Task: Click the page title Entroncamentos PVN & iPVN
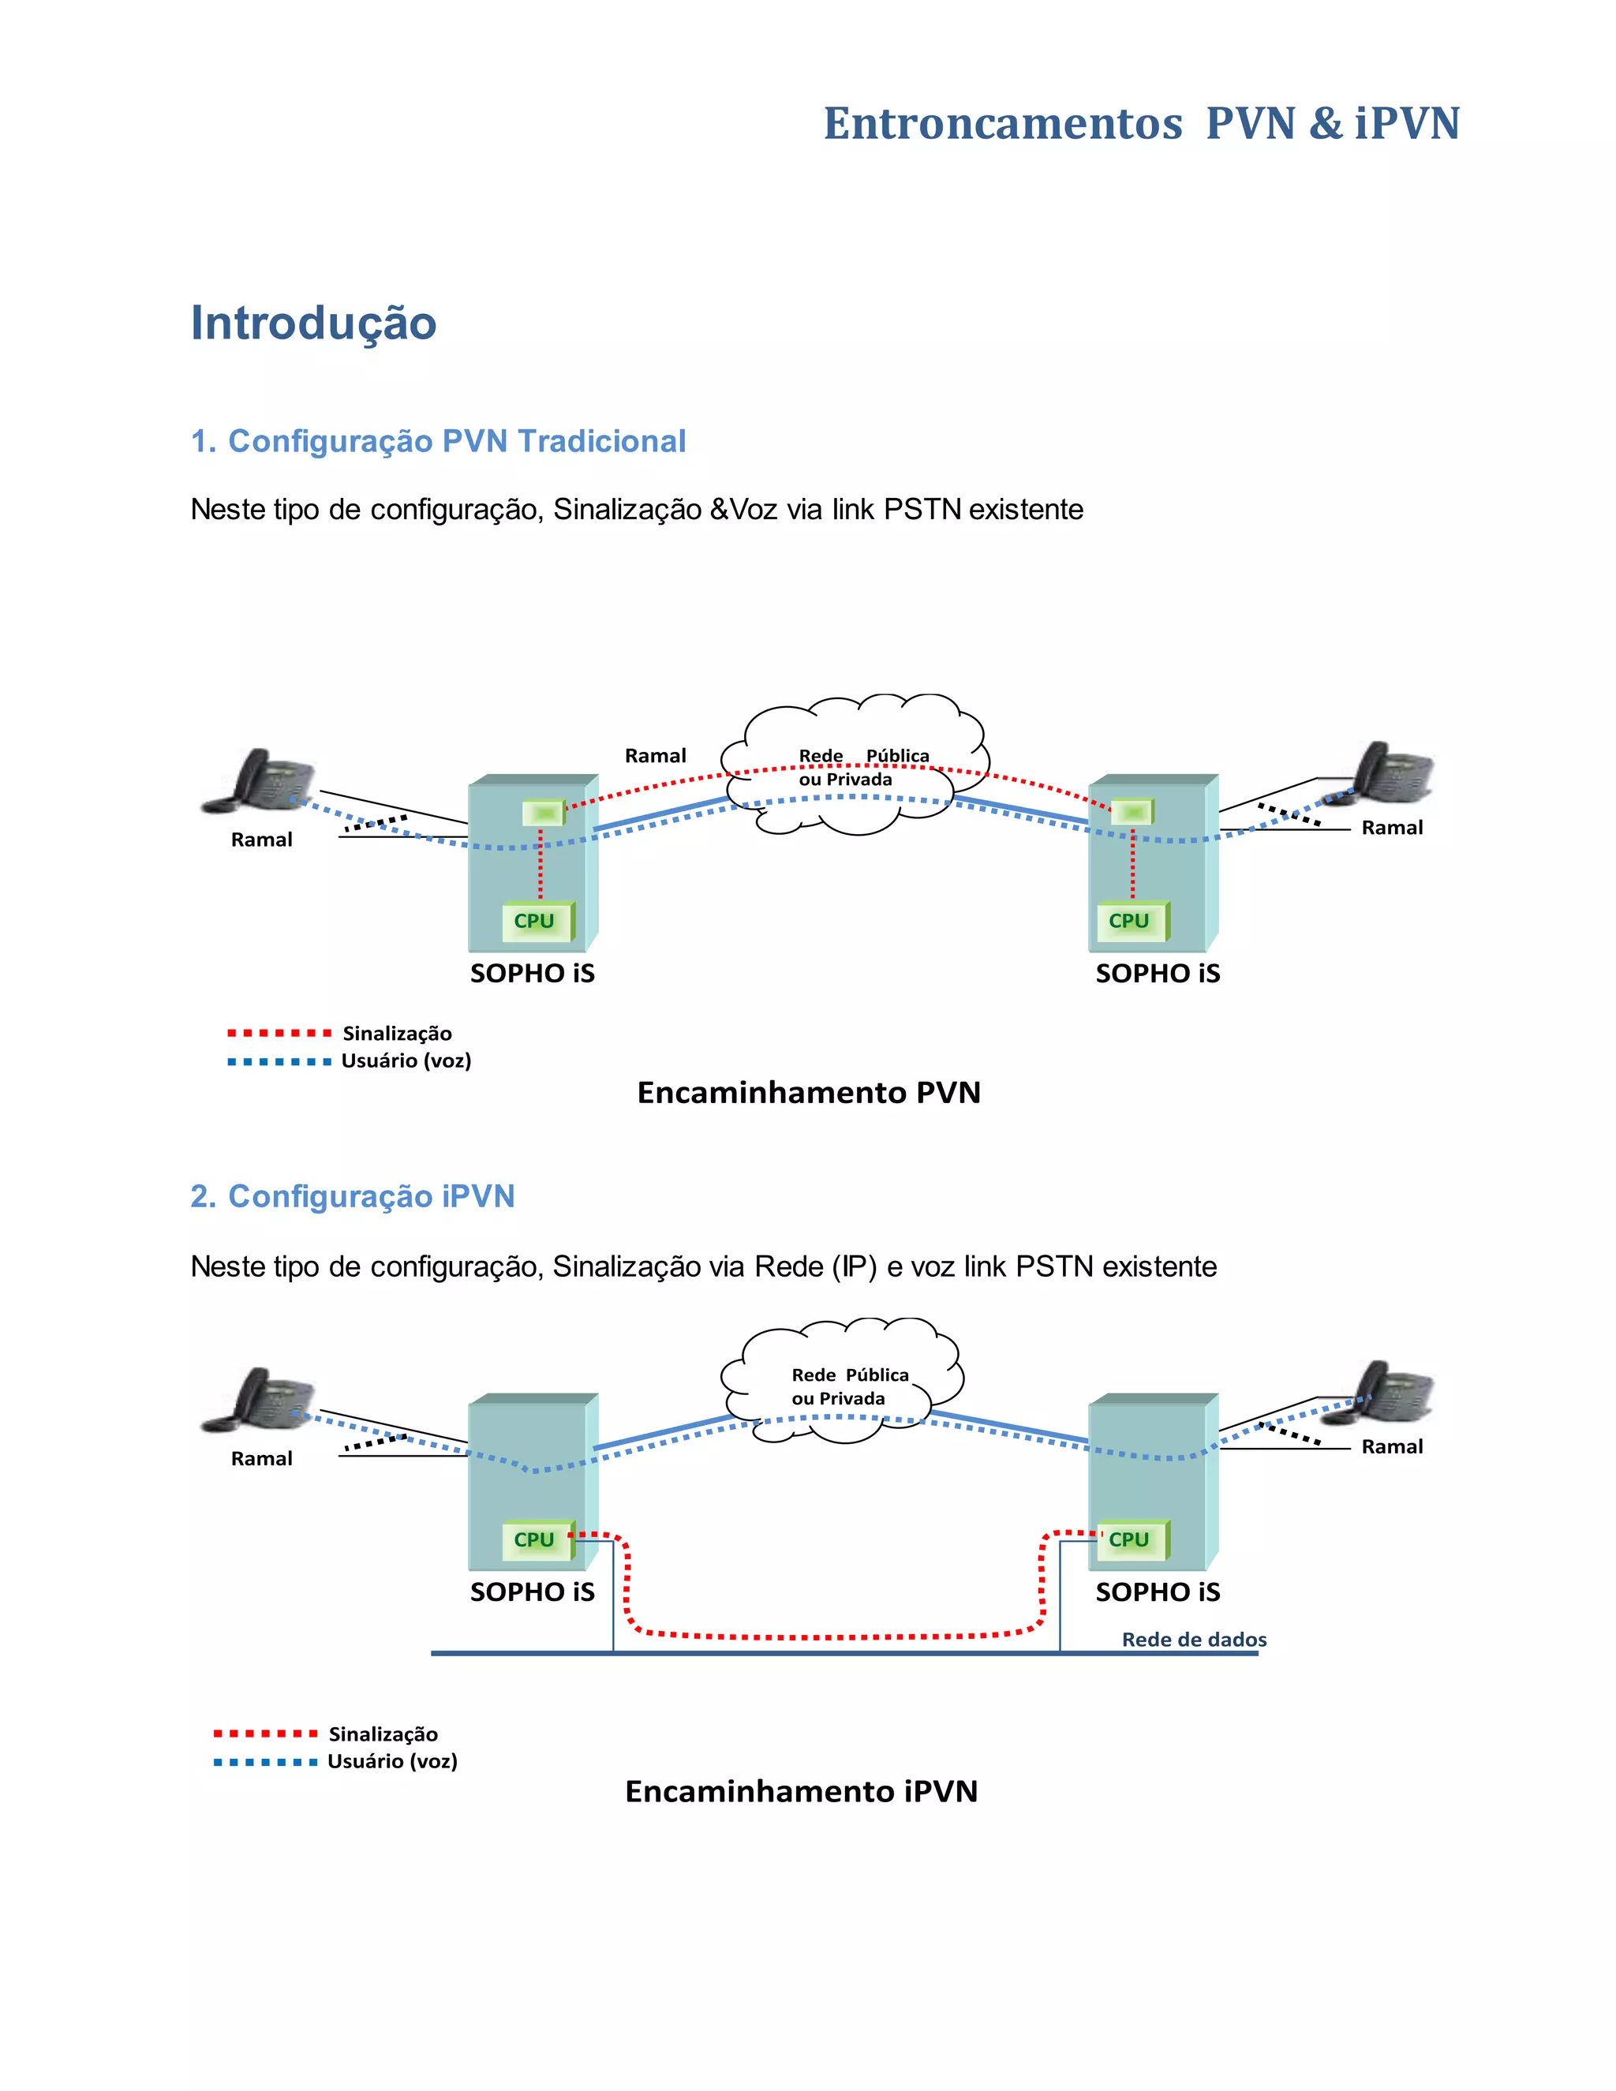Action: pyautogui.click(x=1141, y=124)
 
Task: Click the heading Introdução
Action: pyautogui.click(x=313, y=323)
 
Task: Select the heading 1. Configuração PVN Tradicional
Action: pyautogui.click(x=439, y=441)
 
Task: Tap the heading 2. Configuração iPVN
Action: pyautogui.click(x=352, y=1197)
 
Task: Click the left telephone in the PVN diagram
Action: pyautogui.click(x=260, y=781)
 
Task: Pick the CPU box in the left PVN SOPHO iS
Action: pyautogui.click(x=535, y=921)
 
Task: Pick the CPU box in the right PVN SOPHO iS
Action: pyautogui.click(x=1130, y=921)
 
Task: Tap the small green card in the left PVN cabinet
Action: pyautogui.click(x=544, y=813)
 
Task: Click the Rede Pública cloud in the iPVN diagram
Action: pyautogui.click(x=843, y=1383)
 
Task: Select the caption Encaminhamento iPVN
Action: pyautogui.click(x=802, y=1791)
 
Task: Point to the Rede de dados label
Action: pyautogui.click(x=1194, y=1639)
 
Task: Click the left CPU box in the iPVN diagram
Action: pyautogui.click(x=535, y=1539)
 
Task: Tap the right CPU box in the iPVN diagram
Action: pyautogui.click(x=1130, y=1539)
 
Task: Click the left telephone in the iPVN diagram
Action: pyautogui.click(x=260, y=1400)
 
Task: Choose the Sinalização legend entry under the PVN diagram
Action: pyautogui.click(x=396, y=1033)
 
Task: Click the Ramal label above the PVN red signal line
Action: pyautogui.click(x=655, y=755)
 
